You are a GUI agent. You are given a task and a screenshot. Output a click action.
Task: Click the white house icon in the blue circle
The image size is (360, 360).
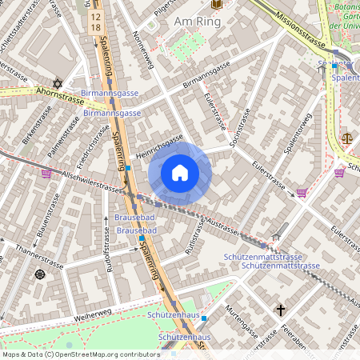[x=180, y=173]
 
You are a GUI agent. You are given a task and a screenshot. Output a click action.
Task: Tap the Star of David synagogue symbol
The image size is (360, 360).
[x=57, y=83]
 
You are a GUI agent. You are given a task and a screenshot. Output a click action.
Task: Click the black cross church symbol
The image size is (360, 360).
[x=280, y=309]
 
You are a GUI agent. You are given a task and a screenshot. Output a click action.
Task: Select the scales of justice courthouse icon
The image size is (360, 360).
[x=346, y=138]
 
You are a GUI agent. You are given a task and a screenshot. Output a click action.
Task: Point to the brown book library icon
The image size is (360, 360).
[x=215, y=6]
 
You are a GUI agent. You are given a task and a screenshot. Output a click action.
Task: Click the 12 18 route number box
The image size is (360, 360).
[x=96, y=22]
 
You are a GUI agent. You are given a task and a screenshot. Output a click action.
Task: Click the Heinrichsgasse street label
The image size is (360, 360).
[x=159, y=145]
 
